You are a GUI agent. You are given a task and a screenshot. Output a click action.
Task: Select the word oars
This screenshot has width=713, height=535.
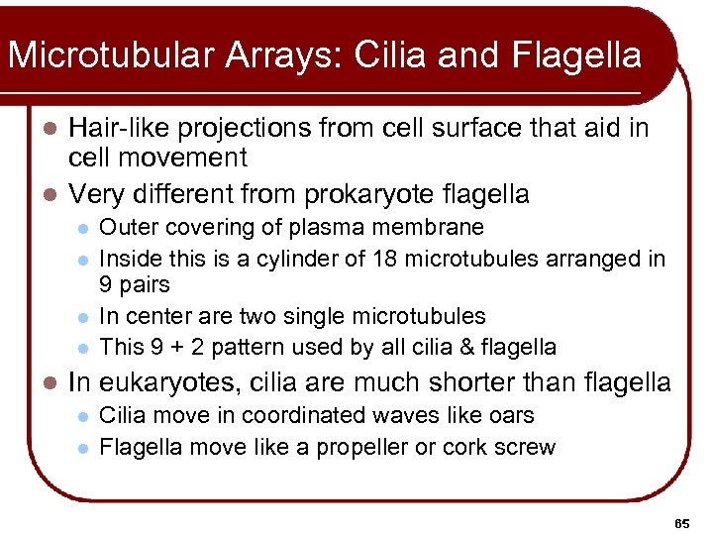tap(512, 416)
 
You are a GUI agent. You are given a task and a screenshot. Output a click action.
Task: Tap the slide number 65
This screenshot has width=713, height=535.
tap(682, 522)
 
